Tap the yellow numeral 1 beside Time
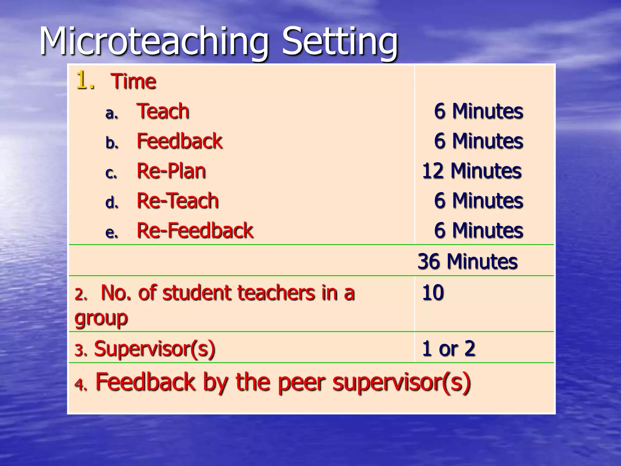point(82,80)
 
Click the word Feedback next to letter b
point(180,141)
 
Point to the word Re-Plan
point(171,171)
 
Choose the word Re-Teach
point(178,201)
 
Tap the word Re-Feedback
point(195,230)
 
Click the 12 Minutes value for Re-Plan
point(472,171)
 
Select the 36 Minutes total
point(467,261)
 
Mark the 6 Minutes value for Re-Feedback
point(478,230)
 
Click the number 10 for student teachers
point(433,293)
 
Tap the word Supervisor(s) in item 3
point(155,349)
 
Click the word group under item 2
point(101,319)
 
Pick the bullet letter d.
point(112,202)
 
